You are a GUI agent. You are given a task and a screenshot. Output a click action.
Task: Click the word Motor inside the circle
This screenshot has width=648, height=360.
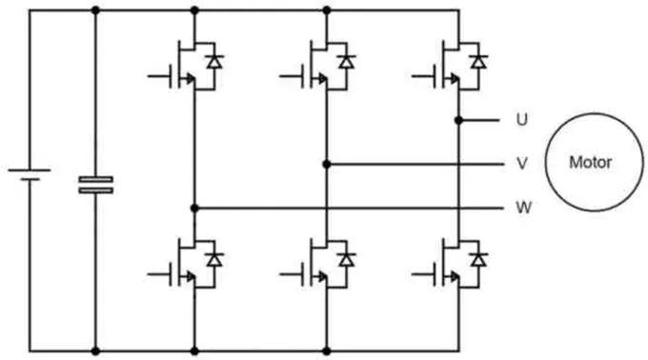click(x=590, y=162)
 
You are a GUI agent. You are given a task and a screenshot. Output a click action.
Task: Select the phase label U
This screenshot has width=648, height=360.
click(x=521, y=120)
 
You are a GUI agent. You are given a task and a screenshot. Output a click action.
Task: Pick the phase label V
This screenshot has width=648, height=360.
click(x=521, y=163)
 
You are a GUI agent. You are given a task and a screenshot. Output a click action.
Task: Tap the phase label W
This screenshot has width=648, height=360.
click(x=521, y=207)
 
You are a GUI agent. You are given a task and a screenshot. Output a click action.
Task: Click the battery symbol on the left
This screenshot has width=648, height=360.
click(x=30, y=175)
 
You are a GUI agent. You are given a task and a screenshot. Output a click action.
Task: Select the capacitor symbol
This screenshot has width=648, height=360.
click(x=94, y=184)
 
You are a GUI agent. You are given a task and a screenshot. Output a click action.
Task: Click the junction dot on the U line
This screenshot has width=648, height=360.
click(x=459, y=120)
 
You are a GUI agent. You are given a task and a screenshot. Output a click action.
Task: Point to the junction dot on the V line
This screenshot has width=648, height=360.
click(x=327, y=163)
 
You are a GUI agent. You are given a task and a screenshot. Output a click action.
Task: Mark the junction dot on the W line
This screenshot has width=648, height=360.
click(x=194, y=207)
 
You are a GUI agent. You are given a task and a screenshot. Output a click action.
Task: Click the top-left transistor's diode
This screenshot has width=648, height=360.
click(x=215, y=62)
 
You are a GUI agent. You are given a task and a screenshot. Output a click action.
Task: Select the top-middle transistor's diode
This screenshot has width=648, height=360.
click(x=348, y=62)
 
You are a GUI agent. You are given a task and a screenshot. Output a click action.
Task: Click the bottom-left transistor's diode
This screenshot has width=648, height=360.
click(x=215, y=258)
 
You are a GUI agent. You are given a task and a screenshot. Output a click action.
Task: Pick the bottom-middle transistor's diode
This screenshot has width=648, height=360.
click(x=348, y=258)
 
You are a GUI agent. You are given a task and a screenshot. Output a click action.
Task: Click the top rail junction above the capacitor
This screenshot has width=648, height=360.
click(x=94, y=10)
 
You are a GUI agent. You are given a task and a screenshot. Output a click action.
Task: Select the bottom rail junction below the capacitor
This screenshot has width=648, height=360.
click(x=94, y=350)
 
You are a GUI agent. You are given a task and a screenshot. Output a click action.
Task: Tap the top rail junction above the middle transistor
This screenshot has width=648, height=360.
click(x=327, y=10)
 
